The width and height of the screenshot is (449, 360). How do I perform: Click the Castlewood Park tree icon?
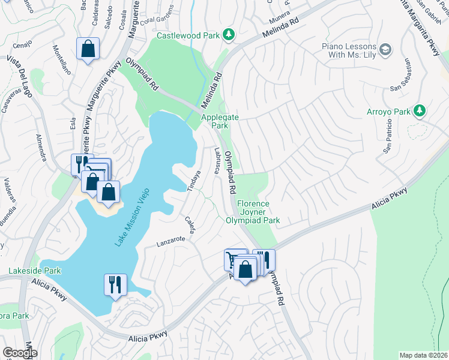point(229,35)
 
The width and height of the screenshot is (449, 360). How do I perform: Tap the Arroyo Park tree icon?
point(420,111)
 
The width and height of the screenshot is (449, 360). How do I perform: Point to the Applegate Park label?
point(215,122)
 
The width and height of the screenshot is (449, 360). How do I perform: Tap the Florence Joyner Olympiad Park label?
point(253,212)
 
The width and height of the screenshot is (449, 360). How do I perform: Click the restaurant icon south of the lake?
point(114,284)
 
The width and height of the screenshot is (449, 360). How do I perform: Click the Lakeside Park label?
point(35,271)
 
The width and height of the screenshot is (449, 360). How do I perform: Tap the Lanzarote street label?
point(169,242)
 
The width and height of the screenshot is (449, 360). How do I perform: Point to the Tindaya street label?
point(193,182)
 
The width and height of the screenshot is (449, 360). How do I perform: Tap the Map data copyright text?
point(423,355)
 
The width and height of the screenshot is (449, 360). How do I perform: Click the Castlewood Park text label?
point(188,35)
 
